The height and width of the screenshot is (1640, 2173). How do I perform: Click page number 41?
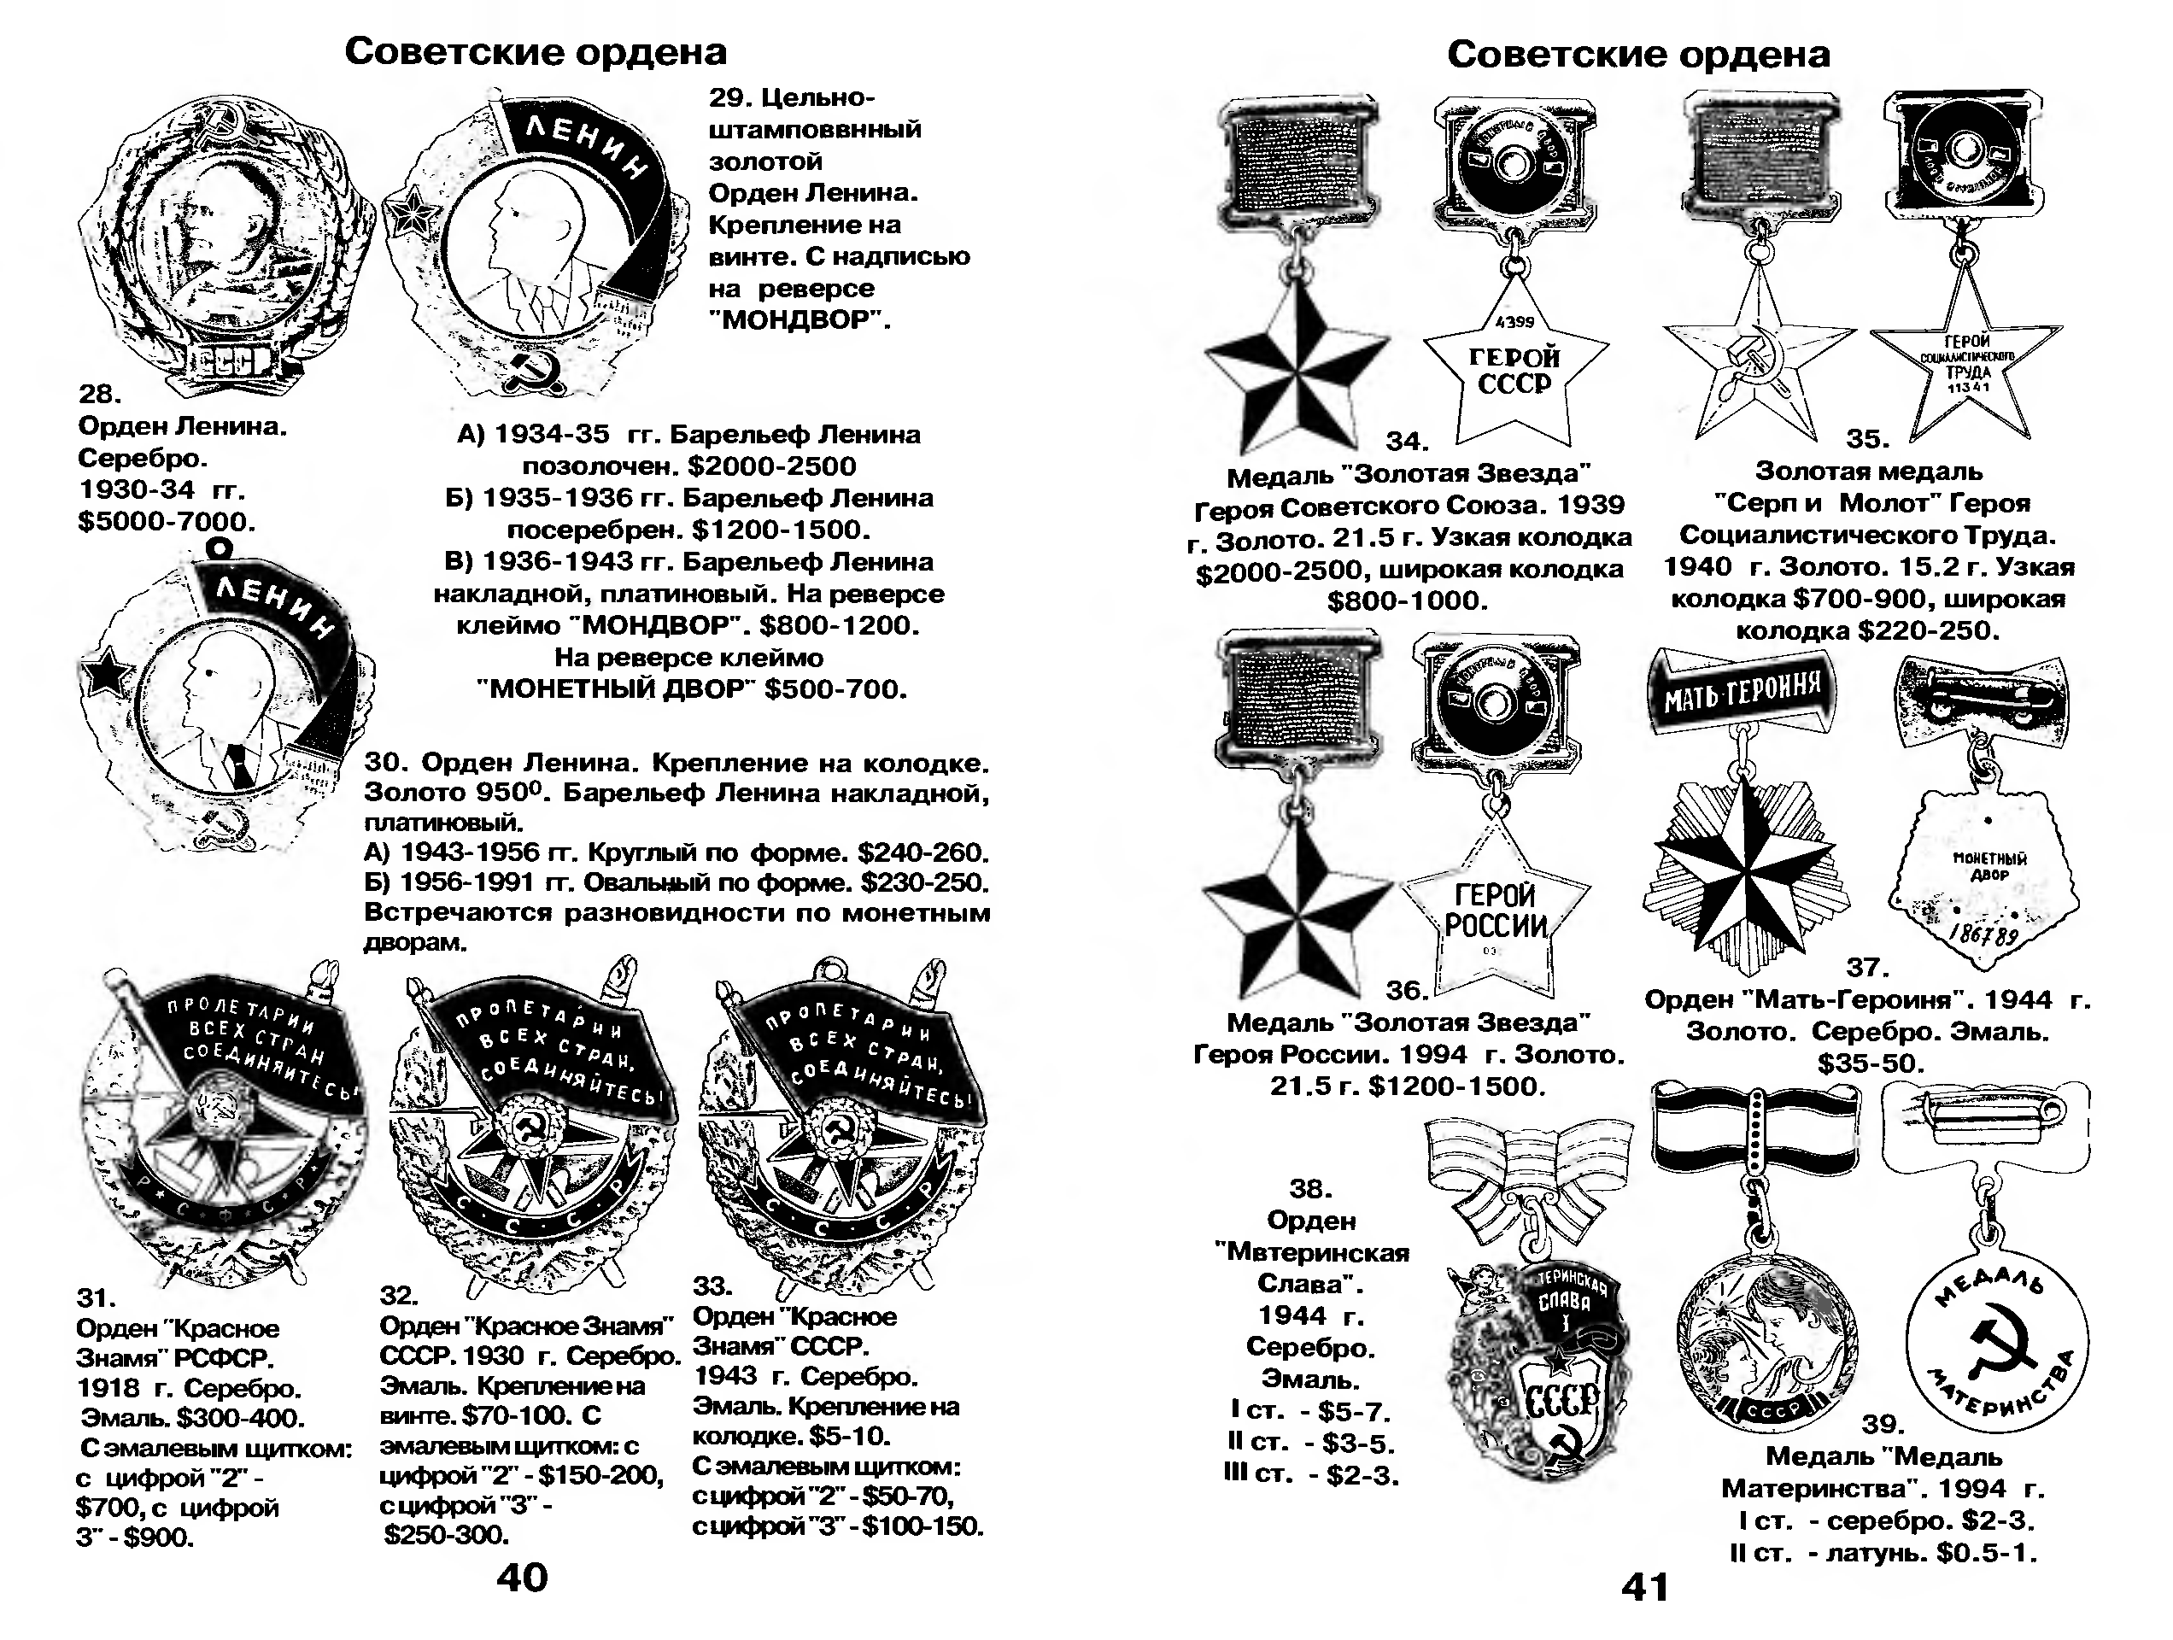pos(1644,1587)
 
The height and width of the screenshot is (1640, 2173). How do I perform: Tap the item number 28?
pos(99,394)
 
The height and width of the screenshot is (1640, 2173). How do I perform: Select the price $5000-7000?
pos(166,521)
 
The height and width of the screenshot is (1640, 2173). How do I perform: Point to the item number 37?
pos(1867,968)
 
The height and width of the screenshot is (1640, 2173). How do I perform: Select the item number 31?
pos(97,1298)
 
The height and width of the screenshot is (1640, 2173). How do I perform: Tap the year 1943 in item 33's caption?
pos(725,1376)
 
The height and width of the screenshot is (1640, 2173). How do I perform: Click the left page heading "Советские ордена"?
pos(536,51)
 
